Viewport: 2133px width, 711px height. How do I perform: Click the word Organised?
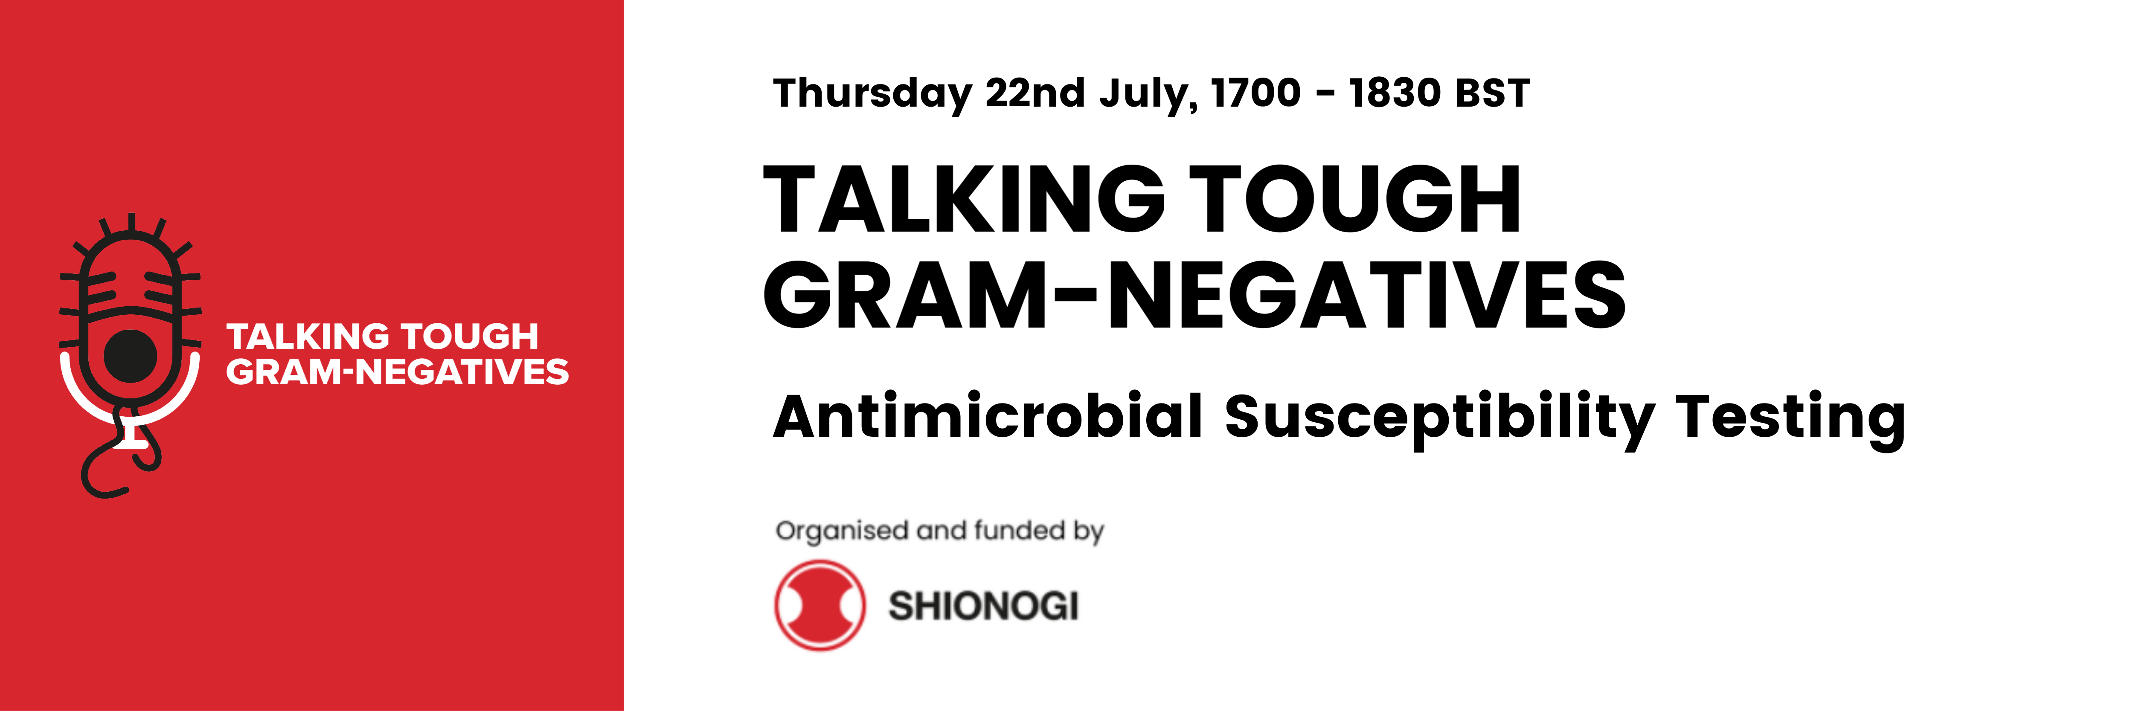coord(841,531)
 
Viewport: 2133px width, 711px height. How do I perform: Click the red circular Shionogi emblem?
coord(820,605)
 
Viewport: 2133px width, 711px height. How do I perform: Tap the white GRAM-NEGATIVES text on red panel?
coord(398,371)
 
